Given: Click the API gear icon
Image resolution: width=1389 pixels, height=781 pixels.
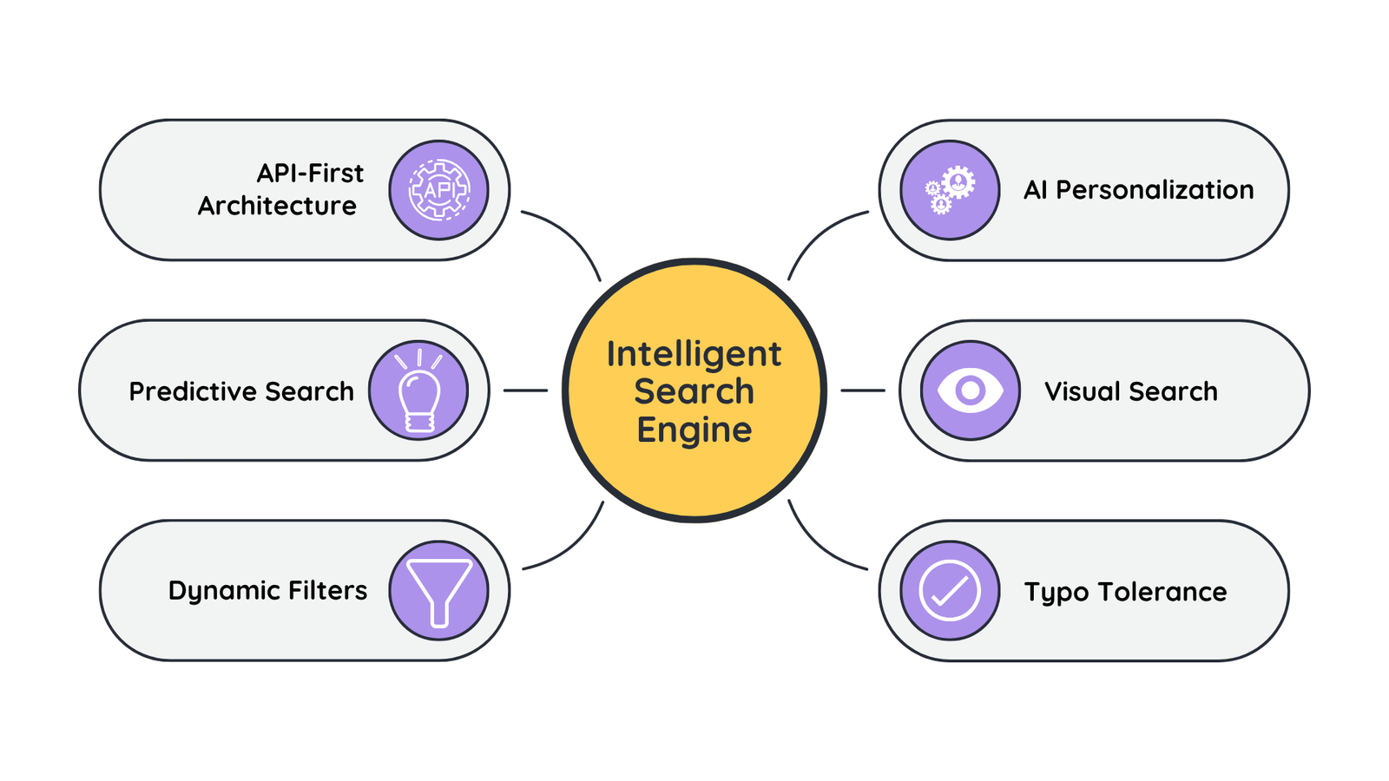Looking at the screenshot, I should [x=438, y=189].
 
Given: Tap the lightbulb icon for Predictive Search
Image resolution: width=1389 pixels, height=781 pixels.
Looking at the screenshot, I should [x=418, y=390].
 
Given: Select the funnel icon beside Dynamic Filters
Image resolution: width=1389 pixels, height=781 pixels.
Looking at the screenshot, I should [x=438, y=590].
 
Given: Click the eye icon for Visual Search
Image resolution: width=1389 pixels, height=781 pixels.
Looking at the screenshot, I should [x=970, y=390].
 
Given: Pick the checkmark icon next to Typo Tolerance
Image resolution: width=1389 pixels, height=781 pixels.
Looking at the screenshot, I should [x=950, y=591].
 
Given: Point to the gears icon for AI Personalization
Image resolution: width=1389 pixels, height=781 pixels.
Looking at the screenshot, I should [x=950, y=189].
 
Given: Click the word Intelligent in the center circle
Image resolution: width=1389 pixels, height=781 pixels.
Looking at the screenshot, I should [x=694, y=354].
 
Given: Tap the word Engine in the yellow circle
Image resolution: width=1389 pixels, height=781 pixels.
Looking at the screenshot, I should [x=694, y=430].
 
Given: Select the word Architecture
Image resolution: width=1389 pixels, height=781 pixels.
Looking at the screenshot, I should [x=277, y=206].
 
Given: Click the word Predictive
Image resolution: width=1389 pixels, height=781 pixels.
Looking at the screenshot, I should [x=193, y=391].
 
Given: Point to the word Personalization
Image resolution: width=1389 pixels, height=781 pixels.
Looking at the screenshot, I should [x=1155, y=190].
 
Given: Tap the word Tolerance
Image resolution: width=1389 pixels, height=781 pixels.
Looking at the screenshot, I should [x=1162, y=592].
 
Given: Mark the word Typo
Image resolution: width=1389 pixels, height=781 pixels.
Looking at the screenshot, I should [x=1056, y=593].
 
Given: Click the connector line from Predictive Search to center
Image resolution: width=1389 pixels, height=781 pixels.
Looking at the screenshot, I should [x=525, y=390].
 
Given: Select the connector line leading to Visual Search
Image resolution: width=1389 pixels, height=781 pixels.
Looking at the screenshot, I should [x=862, y=390].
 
